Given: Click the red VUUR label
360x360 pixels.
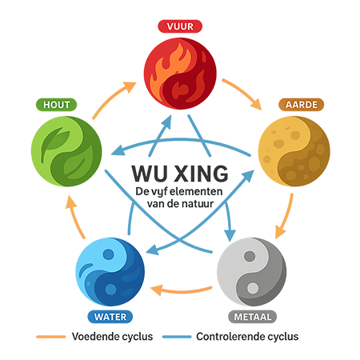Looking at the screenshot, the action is pyautogui.click(x=180, y=26).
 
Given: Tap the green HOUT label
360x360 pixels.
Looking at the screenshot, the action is pyautogui.click(x=56, y=105).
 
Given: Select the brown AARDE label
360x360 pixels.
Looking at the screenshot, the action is pyautogui.click(x=302, y=105).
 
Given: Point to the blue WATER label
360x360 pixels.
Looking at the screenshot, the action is pyautogui.click(x=110, y=317).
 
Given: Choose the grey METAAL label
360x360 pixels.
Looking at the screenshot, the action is pyautogui.click(x=253, y=317).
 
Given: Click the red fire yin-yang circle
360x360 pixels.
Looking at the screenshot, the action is pyautogui.click(x=180, y=74).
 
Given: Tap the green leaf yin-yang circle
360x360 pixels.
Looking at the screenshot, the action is pyautogui.click(x=66, y=151).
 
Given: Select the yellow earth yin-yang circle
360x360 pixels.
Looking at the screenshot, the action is pyautogui.click(x=294, y=151).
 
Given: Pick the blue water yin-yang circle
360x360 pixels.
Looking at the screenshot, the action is pyautogui.click(x=110, y=272).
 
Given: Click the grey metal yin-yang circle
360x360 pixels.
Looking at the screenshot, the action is pyautogui.click(x=252, y=272).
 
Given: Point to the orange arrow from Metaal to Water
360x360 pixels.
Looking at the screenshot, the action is pyautogui.click(x=182, y=290).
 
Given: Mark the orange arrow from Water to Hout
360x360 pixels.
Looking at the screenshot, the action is pyautogui.click(x=74, y=216).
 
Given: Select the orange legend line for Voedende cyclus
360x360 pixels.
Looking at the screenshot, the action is pyautogui.click(x=51, y=337).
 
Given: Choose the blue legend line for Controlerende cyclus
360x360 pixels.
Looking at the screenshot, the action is pyautogui.click(x=177, y=337).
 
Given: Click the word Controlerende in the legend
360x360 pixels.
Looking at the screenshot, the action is pyautogui.click(x=230, y=337).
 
